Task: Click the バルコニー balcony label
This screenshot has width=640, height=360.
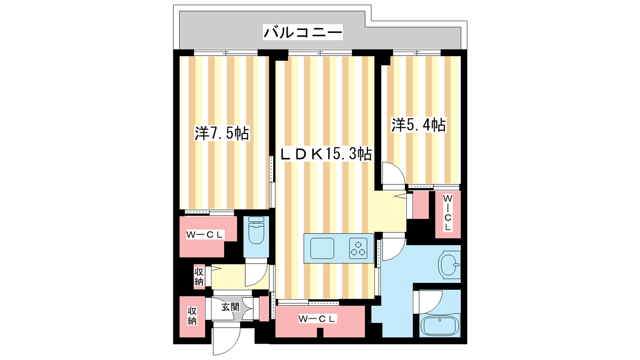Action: click(x=302, y=32)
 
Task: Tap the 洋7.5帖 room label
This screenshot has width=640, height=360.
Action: click(x=222, y=133)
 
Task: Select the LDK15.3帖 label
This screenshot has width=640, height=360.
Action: click(x=326, y=154)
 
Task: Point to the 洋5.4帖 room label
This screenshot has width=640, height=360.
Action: click(x=418, y=125)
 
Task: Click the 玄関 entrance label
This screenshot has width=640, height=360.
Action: click(x=230, y=307)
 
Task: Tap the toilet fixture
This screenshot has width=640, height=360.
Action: click(x=256, y=230)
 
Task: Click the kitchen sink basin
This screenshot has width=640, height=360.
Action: click(x=322, y=248)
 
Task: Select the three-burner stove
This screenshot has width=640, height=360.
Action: click(x=358, y=248)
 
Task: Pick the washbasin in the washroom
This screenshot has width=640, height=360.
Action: click(x=450, y=264)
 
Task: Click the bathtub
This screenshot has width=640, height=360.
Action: click(x=440, y=326)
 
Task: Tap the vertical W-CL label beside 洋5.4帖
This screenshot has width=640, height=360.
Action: click(x=448, y=213)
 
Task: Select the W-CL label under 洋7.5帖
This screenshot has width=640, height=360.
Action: click(x=204, y=235)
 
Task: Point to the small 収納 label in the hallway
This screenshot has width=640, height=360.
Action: click(x=199, y=276)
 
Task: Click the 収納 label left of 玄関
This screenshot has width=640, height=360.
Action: click(x=192, y=316)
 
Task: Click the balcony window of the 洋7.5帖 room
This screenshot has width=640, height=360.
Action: click(x=226, y=53)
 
